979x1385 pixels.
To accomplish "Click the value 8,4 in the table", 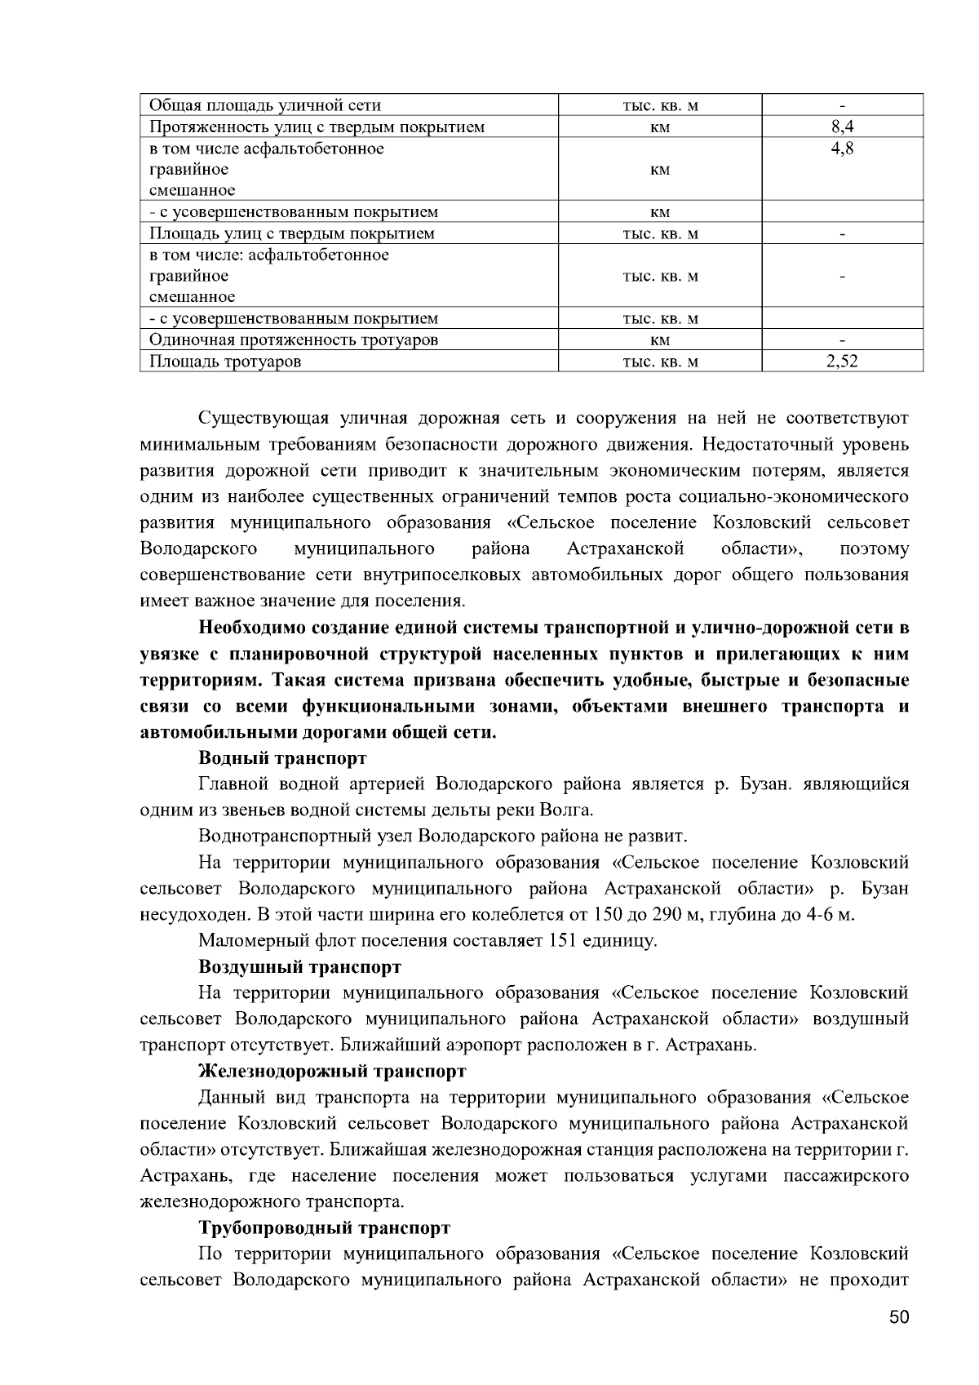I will click(842, 127).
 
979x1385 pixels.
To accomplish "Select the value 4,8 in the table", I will click(842, 149).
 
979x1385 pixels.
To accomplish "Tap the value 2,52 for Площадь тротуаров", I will click(842, 362).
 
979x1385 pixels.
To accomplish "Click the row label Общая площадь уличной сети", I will click(264, 105).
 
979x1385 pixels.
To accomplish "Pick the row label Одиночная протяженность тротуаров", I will click(293, 340).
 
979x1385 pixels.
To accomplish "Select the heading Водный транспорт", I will click(282, 758).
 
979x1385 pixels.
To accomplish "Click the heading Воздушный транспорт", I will click(299, 967).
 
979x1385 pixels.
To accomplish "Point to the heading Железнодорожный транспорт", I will click(332, 1071).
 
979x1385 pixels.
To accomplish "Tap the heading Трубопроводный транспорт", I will click(324, 1227).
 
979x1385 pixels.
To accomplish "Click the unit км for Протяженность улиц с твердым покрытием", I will click(660, 127).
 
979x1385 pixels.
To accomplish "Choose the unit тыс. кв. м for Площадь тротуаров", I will click(660, 362).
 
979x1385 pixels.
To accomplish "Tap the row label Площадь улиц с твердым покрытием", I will click(291, 233).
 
